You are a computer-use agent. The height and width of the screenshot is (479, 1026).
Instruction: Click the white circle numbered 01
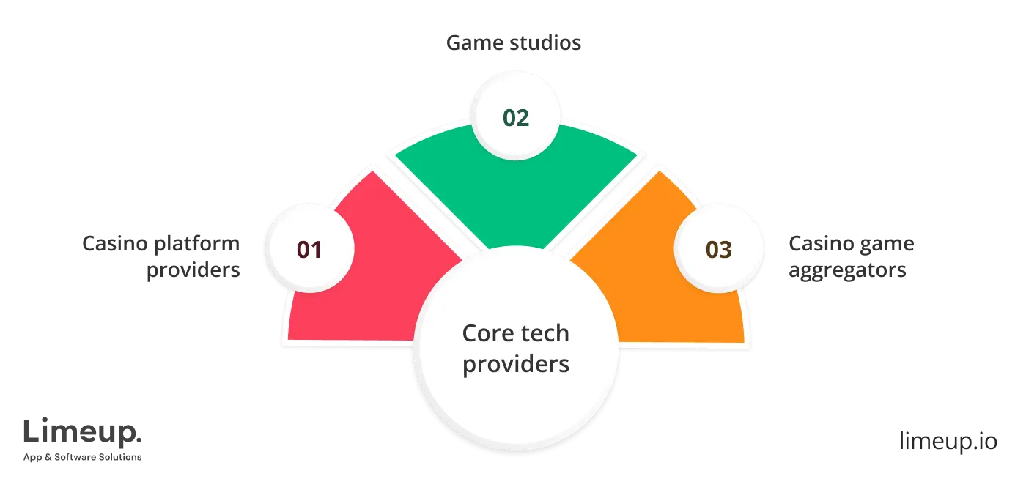tap(309, 249)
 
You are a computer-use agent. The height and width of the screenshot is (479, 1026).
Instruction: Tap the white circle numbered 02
tap(516, 117)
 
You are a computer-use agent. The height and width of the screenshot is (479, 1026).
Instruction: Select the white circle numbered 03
tap(718, 249)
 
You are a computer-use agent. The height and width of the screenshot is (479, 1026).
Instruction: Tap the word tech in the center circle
tap(543, 333)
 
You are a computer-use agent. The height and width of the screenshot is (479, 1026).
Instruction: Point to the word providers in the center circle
tap(516, 363)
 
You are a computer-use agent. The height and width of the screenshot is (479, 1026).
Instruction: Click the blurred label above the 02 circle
tap(516, 43)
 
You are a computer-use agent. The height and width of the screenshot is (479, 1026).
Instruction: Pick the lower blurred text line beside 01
tap(193, 271)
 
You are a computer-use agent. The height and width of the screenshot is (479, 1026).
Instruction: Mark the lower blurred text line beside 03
tap(847, 271)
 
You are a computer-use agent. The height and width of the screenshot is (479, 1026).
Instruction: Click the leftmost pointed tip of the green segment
tap(389, 153)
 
